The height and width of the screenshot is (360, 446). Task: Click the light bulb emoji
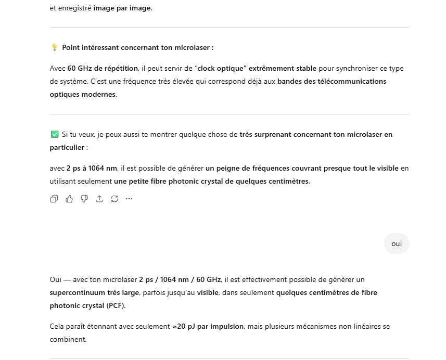pyautogui.click(x=54, y=48)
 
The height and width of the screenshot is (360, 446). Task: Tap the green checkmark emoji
pyautogui.click(x=54, y=135)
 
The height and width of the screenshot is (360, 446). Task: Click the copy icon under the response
pyautogui.click(x=54, y=199)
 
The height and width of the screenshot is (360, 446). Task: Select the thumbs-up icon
pyautogui.click(x=69, y=199)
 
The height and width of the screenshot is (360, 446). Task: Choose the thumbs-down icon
pyautogui.click(x=84, y=199)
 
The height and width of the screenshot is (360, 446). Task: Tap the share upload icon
pyautogui.click(x=99, y=199)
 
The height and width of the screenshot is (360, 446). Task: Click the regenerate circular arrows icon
pyautogui.click(x=114, y=199)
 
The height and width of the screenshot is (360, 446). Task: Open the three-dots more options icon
pyautogui.click(x=129, y=199)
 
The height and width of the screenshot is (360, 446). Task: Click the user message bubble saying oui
pyautogui.click(x=397, y=244)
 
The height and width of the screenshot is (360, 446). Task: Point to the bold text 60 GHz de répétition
pyautogui.click(x=103, y=69)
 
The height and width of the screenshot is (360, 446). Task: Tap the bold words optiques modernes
pyautogui.click(x=83, y=95)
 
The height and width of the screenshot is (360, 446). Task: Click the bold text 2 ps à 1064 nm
pyautogui.click(x=91, y=169)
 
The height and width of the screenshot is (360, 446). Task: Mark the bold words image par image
pyautogui.click(x=122, y=8)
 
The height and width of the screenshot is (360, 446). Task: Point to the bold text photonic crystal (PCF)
pyautogui.click(x=87, y=306)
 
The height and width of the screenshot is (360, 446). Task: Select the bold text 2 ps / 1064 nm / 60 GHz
pyautogui.click(x=180, y=280)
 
